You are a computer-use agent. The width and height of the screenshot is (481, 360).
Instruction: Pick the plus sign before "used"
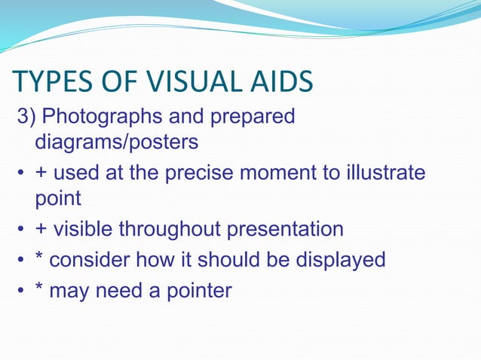tap(41, 173)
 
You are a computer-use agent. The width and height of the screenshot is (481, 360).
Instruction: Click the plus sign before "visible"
tap(41, 229)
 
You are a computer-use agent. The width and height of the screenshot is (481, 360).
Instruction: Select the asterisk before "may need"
tap(39, 288)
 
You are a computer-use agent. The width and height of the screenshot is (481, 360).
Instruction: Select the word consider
tap(89, 260)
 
